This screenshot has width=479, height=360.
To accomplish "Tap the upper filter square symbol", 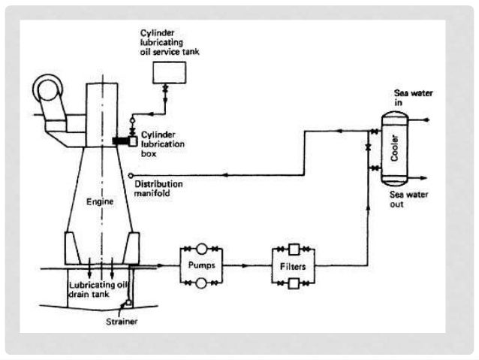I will point(294,248).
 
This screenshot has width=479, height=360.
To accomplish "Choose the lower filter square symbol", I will point(294,283).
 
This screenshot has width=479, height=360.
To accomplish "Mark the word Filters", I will point(294,265).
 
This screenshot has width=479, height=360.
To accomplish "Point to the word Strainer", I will point(120,322).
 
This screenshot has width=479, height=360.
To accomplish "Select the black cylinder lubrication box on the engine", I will point(120,141).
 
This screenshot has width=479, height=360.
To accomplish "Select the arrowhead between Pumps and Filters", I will point(246,265).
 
